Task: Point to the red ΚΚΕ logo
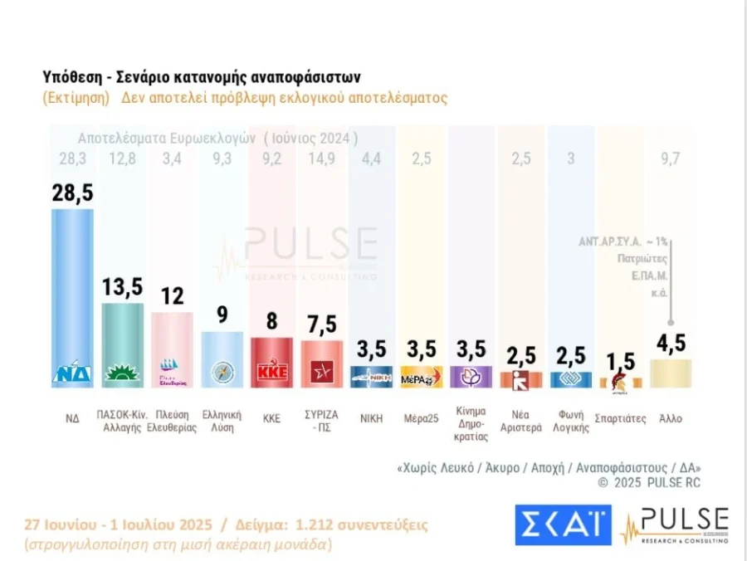[271, 373]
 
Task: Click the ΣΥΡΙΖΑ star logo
[321, 373]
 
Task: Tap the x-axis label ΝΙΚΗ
[371, 418]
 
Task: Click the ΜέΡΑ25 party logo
[422, 378]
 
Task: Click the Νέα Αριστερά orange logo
[520, 381]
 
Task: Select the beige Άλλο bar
[671, 373]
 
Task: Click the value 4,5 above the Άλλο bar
[671, 343]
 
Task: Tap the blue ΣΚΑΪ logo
[562, 524]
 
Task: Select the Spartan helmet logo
[620, 381]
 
